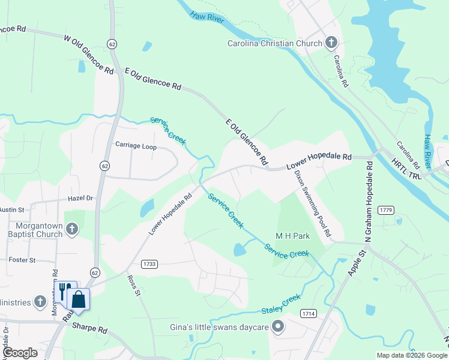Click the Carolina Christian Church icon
pos(331,43)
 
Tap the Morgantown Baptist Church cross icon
pos(71,229)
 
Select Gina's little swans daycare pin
pos(277,326)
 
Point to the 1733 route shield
pos(149,264)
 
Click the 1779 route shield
pos(386,209)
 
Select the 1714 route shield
pos(309,313)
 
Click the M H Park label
pos(292,236)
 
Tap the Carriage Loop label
pos(136,145)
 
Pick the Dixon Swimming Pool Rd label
pos(313,202)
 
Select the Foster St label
pos(23,260)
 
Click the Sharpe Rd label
pos(89,329)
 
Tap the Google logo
pos(20,353)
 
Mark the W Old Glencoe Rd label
pos(88,55)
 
